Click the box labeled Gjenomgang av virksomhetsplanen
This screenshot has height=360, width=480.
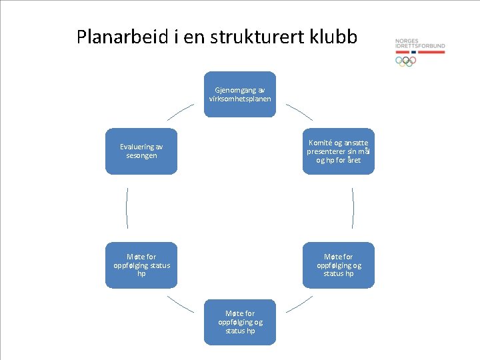[239, 94]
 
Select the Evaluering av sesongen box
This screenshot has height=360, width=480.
[141, 151]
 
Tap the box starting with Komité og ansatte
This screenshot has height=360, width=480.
[338, 151]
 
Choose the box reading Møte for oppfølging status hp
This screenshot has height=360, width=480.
[141, 265]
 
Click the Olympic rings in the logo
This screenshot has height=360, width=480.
[405, 61]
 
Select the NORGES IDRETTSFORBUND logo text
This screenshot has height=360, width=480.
[420, 43]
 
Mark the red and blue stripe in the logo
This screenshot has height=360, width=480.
[420, 51]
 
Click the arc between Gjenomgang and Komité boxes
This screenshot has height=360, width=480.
[298, 111]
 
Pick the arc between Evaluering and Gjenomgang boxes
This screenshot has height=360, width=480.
[180, 111]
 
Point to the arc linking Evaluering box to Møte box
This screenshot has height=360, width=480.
[127, 208]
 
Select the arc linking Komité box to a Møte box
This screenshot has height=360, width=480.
[353, 208]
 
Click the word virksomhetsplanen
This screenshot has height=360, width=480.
[239, 99]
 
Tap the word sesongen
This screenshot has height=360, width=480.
[141, 155]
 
